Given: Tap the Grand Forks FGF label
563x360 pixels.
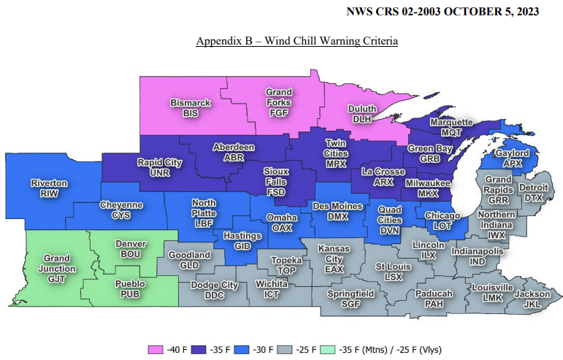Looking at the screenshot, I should coord(279,103).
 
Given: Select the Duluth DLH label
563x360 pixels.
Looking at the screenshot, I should coord(362,114).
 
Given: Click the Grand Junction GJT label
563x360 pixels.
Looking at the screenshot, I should coord(56,268).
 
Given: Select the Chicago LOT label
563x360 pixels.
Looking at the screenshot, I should coord(443,221).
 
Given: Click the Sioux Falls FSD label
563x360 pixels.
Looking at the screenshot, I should coord(277,180).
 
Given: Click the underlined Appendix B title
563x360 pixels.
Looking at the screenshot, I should coord(296,41).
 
